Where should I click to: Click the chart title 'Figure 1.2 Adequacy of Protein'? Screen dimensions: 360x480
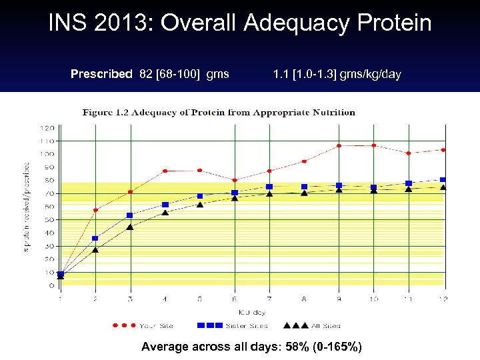pos(219,113)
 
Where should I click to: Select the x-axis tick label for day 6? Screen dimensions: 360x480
pos(234,299)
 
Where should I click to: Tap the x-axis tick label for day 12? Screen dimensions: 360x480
pos(442,299)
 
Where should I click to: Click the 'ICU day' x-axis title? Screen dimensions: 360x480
pos(252,311)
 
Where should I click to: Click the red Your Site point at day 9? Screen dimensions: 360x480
pos(339,145)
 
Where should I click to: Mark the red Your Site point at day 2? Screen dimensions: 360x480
pos(95,210)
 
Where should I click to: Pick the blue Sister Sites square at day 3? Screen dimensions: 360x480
pos(130,215)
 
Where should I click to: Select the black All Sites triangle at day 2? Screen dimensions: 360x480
pos(95,250)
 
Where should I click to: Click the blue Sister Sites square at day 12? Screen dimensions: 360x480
pos(443,180)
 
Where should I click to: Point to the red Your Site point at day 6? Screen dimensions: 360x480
pos(234,180)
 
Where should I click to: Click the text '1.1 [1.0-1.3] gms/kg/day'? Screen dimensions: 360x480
pos(337,74)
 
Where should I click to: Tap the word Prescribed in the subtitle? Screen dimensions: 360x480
pos(101,74)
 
